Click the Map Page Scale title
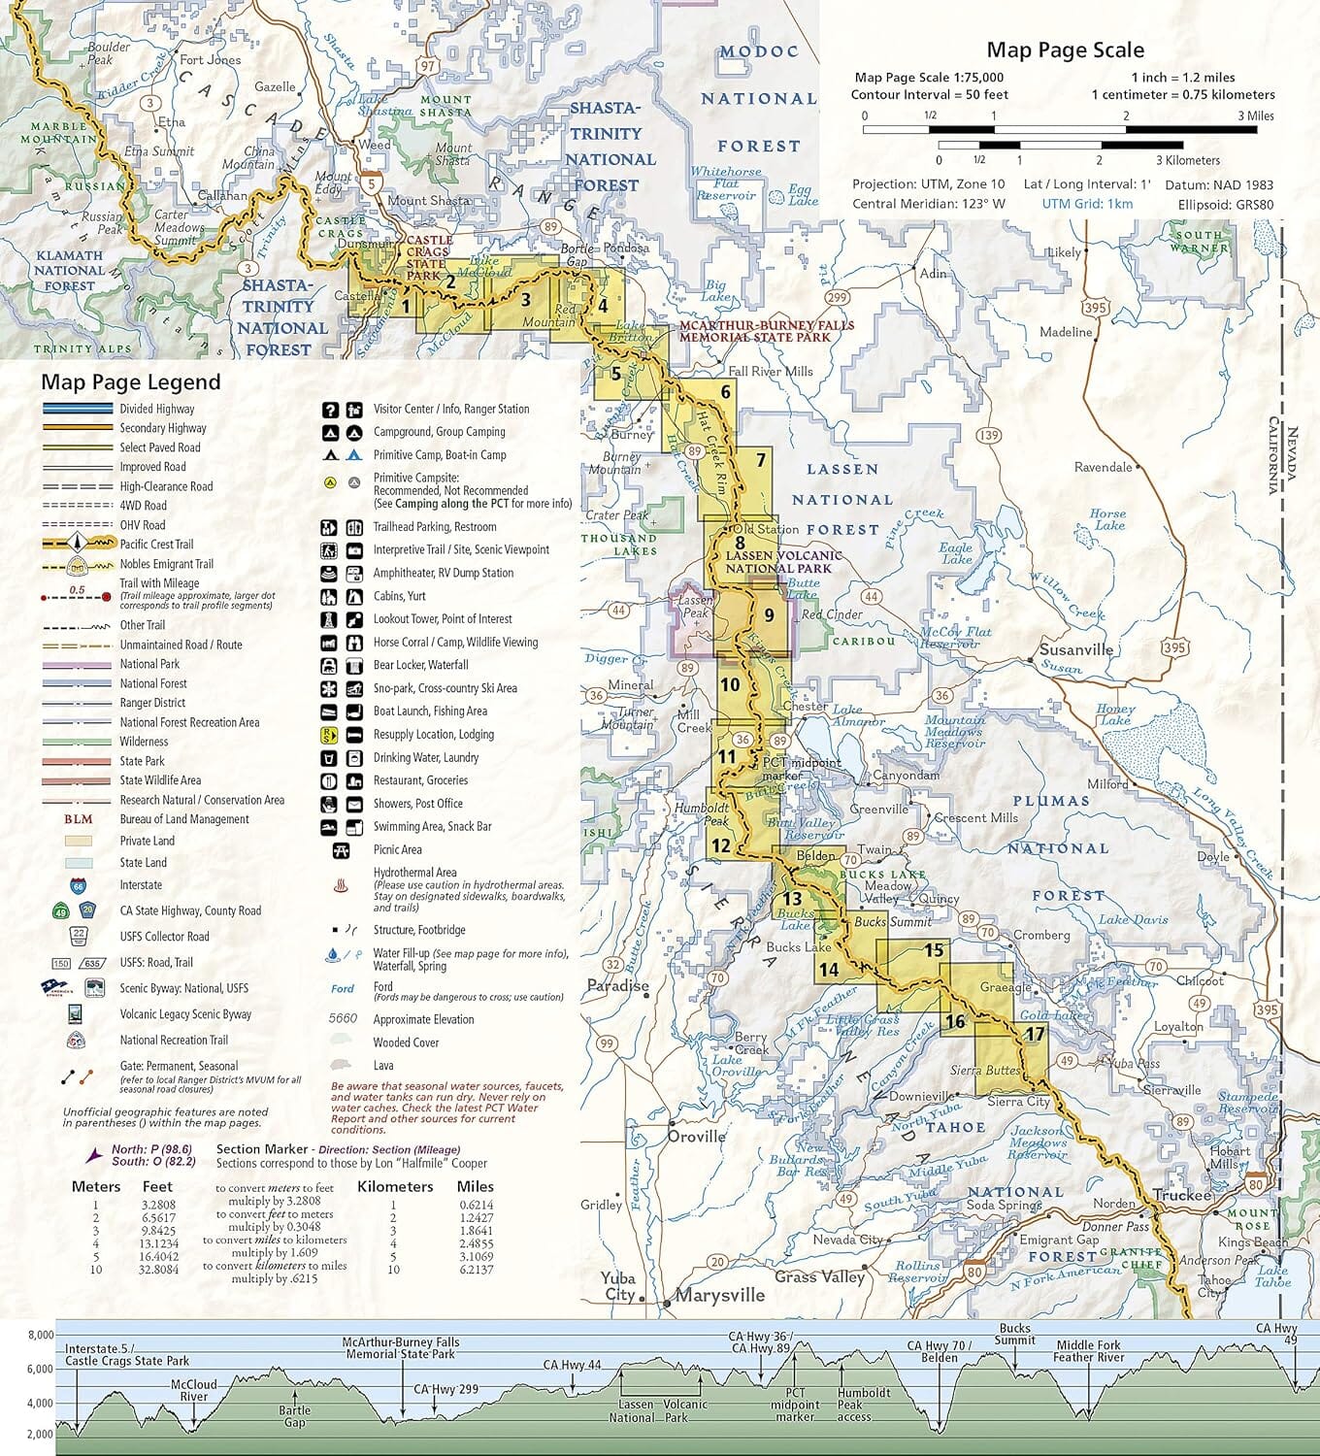point(1065,50)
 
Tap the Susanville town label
point(1075,649)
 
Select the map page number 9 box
point(769,614)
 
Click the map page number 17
point(1035,1034)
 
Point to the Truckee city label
point(1182,1195)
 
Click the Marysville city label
point(719,1295)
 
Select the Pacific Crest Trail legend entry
point(156,545)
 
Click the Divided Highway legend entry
point(156,409)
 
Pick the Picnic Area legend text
point(397,849)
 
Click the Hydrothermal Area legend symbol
point(341,885)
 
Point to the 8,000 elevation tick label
point(40,1336)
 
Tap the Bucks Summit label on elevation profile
point(1014,1334)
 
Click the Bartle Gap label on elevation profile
point(295,1416)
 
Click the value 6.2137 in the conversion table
point(476,1270)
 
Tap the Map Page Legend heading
point(131,382)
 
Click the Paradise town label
point(617,985)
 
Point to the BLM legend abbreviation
point(78,819)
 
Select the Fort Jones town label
point(210,59)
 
